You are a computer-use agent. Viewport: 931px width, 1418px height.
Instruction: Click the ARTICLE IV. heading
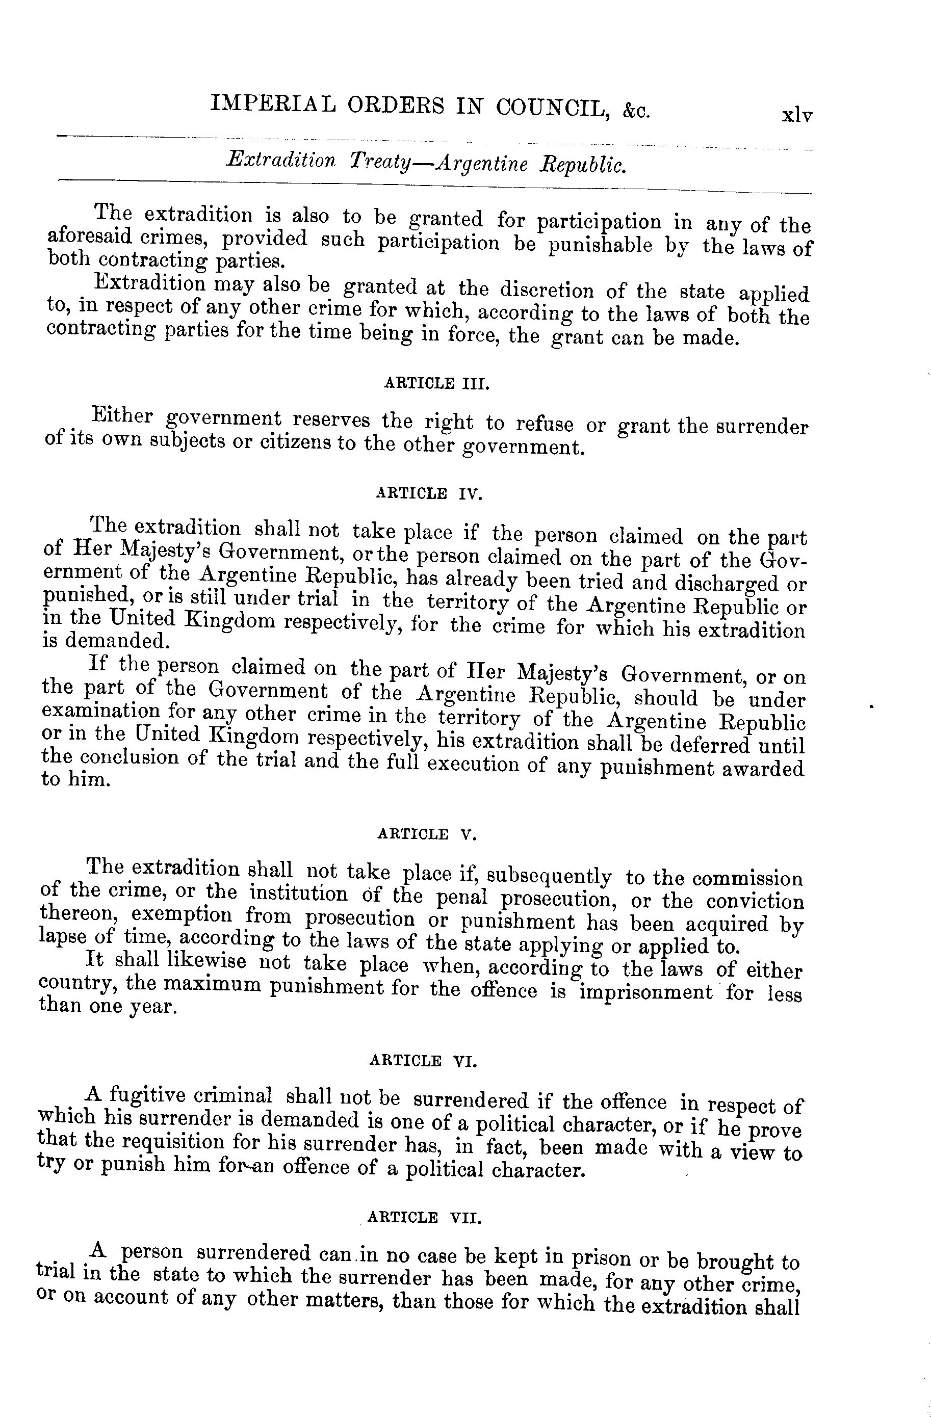coord(429,493)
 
